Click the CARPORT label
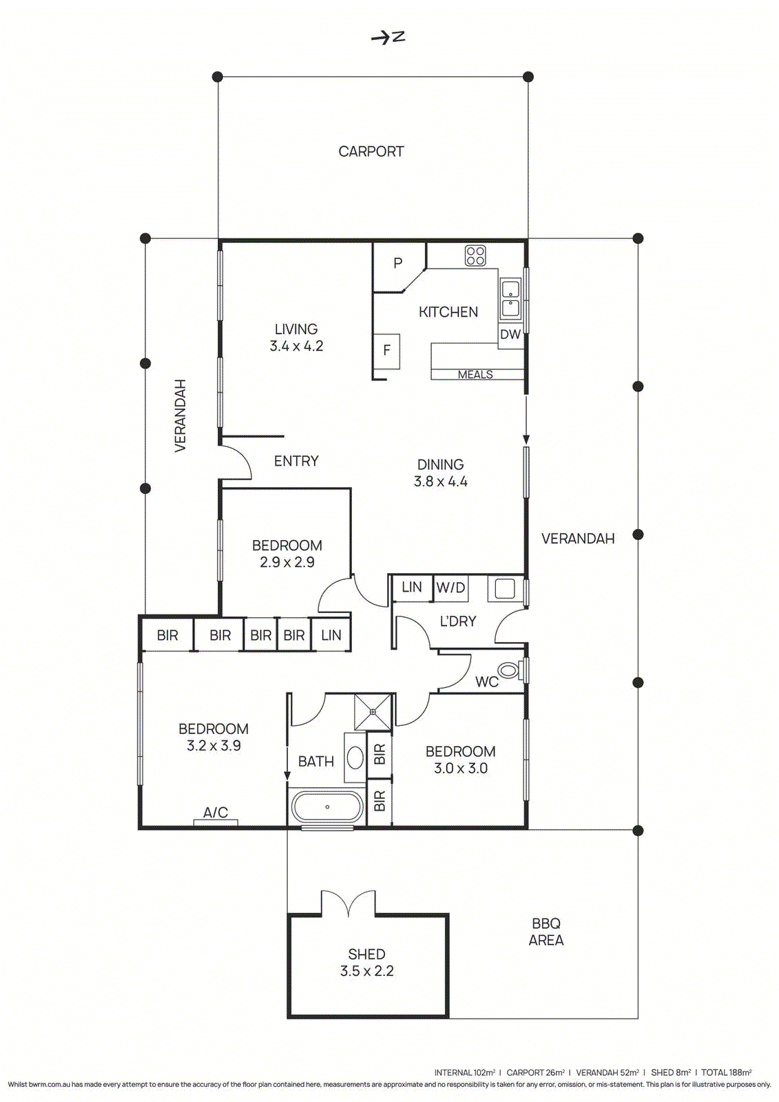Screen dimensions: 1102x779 [x=371, y=152]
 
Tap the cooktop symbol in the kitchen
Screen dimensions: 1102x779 [x=475, y=256]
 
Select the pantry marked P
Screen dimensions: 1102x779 [x=397, y=263]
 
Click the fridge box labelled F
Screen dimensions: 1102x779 [x=386, y=350]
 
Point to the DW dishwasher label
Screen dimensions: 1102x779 [x=510, y=335]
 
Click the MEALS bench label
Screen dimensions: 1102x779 [x=475, y=375]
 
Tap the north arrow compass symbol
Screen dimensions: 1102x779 [x=388, y=37]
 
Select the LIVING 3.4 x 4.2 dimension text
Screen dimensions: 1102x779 [x=296, y=346]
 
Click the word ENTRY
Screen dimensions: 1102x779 [x=296, y=461]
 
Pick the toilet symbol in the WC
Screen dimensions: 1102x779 [x=508, y=670]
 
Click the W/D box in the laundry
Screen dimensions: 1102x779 [x=450, y=588]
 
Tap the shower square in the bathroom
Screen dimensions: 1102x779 [x=373, y=712]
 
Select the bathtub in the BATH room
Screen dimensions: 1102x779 [x=326, y=807]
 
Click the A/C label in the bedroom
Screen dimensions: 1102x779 [x=216, y=813]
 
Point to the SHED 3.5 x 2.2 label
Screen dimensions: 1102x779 [x=366, y=963]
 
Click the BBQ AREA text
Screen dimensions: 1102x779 [x=546, y=932]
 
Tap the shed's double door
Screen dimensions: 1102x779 [x=349, y=903]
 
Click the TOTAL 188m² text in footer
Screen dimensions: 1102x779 [x=726, y=1072]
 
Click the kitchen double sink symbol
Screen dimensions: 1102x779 [x=510, y=298]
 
